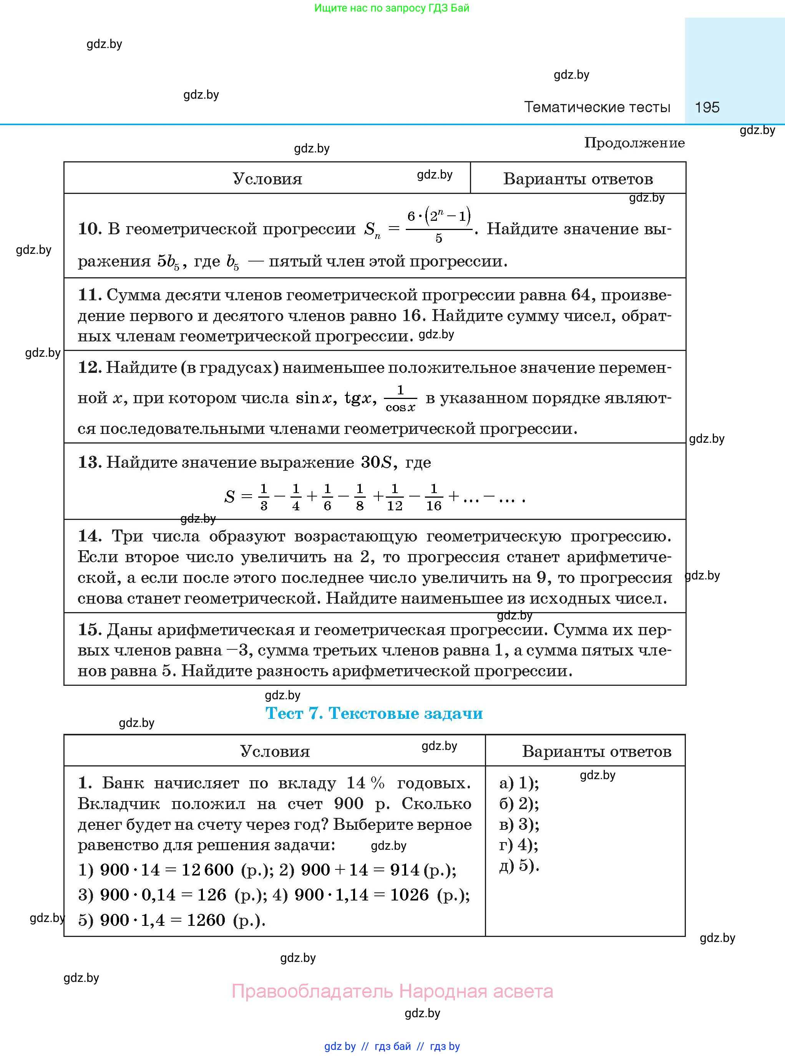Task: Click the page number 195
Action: coord(707,107)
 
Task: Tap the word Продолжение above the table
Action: coord(634,143)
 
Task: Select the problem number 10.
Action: coord(89,229)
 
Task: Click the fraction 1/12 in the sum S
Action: coord(394,497)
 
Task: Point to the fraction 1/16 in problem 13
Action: coord(433,497)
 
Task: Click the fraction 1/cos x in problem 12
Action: coord(400,398)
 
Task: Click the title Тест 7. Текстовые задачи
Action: coord(374,713)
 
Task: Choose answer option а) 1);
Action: coord(519,783)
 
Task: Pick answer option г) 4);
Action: coord(518,845)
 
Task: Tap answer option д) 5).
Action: coord(519,865)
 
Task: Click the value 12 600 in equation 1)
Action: coord(207,870)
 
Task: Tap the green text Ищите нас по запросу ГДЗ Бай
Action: coord(392,8)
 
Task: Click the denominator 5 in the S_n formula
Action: coord(438,238)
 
